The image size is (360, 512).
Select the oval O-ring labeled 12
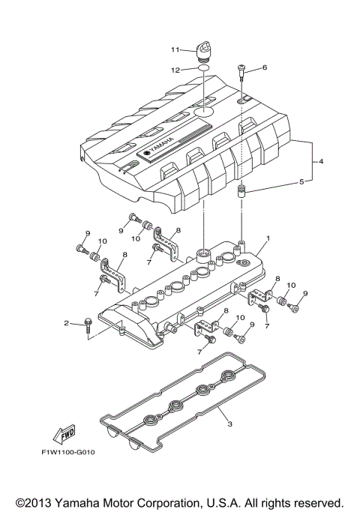point(202,70)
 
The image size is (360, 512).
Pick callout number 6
point(263,67)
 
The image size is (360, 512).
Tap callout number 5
point(302,181)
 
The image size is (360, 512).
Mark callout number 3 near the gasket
point(230,424)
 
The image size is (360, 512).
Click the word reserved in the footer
point(316,502)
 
